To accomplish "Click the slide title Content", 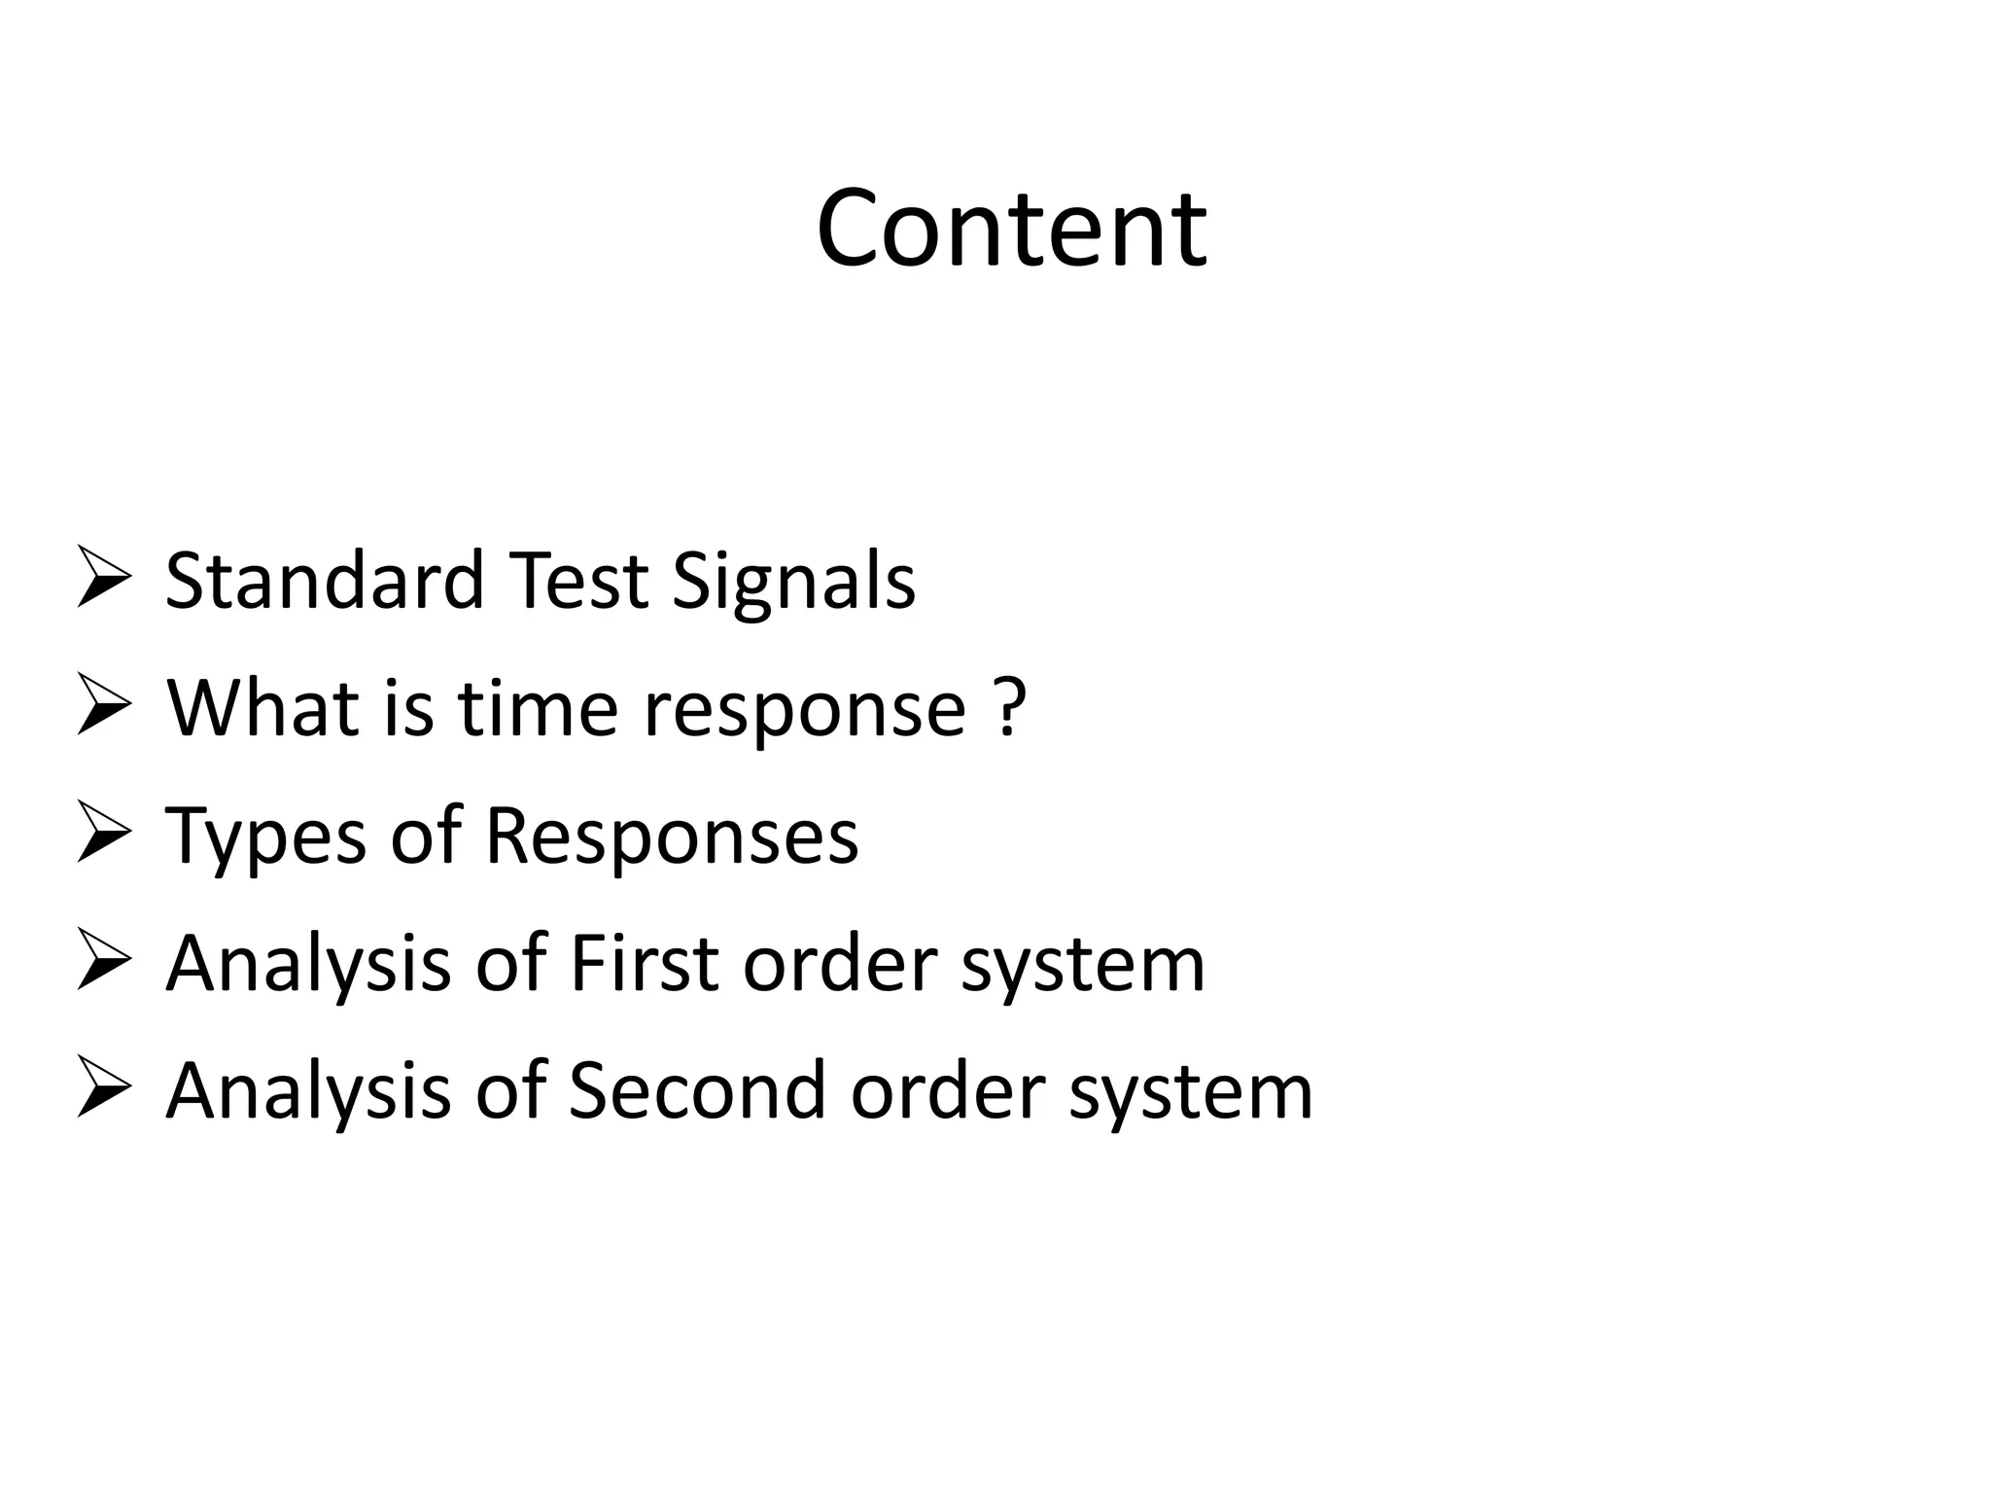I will tap(1011, 230).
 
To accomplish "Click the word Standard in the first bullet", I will tap(325, 581).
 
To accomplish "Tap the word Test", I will tap(578, 581).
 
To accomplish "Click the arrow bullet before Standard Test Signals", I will tap(103, 577).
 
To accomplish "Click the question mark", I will tap(1012, 707).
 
